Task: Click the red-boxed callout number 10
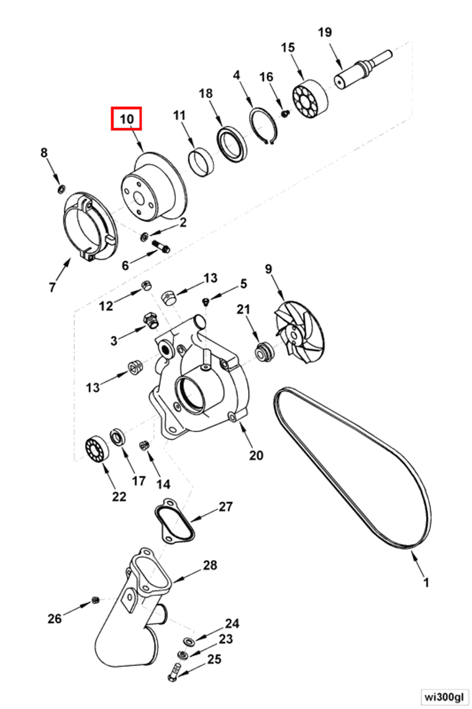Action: coord(127,119)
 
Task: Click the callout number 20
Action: coord(256,455)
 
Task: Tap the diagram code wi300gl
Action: coord(443,695)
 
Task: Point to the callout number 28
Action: coord(210,565)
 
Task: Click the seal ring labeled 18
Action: coord(232,143)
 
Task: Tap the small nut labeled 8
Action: coord(61,188)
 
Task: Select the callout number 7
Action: coord(52,287)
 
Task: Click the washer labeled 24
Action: coord(188,641)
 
